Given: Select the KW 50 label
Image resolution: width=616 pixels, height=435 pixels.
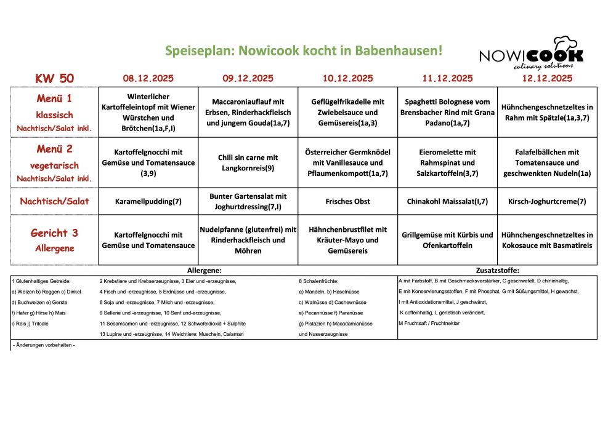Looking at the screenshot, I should click(x=55, y=78).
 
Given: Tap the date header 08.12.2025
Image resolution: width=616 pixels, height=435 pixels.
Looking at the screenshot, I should click(x=148, y=78).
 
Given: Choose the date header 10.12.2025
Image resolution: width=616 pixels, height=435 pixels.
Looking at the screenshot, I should click(x=347, y=78).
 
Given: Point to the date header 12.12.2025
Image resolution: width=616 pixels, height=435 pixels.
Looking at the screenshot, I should click(x=547, y=78).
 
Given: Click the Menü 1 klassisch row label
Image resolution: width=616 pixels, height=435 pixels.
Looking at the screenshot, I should click(x=55, y=112).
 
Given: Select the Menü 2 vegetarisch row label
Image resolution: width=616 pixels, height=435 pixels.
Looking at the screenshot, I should click(x=55, y=163).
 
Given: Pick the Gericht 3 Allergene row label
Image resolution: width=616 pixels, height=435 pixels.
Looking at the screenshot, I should click(x=55, y=239).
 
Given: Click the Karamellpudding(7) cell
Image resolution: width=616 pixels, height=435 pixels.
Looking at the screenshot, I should click(x=148, y=201).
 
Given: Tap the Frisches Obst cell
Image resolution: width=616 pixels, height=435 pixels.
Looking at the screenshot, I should click(x=347, y=201).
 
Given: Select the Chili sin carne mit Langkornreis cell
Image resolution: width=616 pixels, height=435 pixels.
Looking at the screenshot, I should click(x=248, y=162).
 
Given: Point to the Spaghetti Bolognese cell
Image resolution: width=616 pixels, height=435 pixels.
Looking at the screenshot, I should click(x=447, y=112).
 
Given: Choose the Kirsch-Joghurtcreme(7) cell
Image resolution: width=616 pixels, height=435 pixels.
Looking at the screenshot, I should click(x=547, y=201).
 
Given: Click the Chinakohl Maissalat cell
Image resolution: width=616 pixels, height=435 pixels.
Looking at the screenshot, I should click(x=447, y=201).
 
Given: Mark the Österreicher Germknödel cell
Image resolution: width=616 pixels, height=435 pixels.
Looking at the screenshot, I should click(x=347, y=162).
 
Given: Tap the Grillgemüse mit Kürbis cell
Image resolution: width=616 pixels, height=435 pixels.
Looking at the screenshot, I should click(x=447, y=240).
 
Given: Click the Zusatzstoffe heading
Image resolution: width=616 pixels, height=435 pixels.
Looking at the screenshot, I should click(x=498, y=270).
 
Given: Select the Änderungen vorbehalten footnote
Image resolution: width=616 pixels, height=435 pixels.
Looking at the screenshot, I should click(x=44, y=345).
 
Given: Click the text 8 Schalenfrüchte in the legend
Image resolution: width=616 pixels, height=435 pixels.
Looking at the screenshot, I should click(x=318, y=281).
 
